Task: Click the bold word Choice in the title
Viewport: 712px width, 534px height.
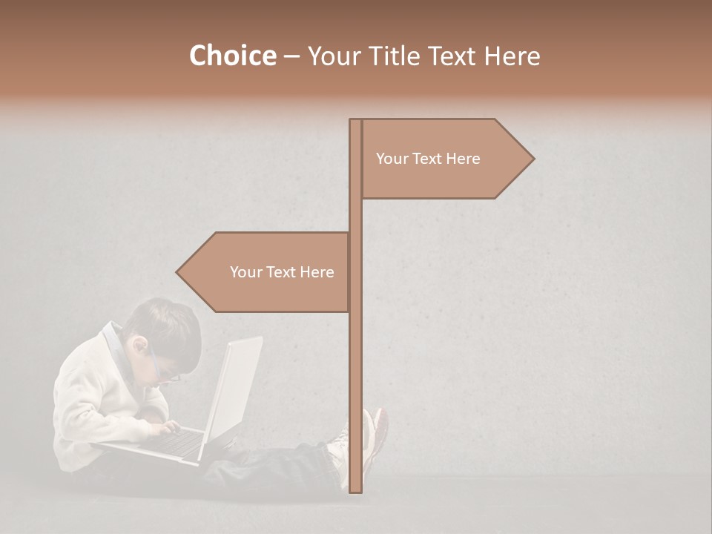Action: (232, 56)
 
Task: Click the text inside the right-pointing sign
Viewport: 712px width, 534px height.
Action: (428, 159)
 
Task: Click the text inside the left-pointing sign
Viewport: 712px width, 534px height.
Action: (282, 272)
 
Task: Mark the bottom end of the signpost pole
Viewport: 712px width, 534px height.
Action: (355, 489)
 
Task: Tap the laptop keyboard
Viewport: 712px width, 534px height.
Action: (178, 444)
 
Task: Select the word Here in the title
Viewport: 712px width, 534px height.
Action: (512, 56)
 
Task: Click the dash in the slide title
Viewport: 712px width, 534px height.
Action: (291, 56)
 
